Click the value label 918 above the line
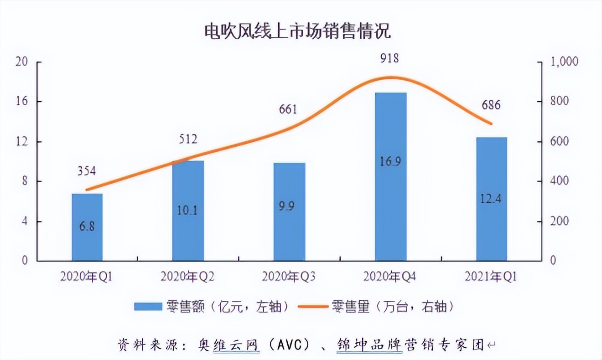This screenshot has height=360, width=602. (x=389, y=58)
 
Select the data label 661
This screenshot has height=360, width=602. (x=287, y=109)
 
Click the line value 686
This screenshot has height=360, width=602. (x=491, y=105)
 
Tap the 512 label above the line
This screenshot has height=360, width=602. (x=187, y=139)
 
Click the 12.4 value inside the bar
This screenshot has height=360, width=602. (x=491, y=199)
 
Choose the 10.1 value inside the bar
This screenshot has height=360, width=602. (x=187, y=210)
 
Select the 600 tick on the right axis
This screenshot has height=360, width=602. (x=559, y=141)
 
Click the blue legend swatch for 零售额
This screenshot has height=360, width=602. (x=148, y=306)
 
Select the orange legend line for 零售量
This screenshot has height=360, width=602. (x=313, y=306)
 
